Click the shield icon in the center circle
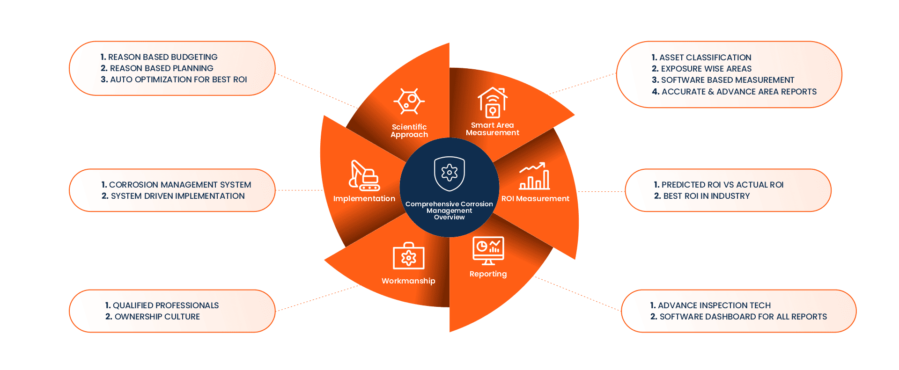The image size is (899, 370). tap(449, 173)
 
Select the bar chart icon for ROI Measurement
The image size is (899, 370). tap(534, 176)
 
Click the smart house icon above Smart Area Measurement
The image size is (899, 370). tap(492, 102)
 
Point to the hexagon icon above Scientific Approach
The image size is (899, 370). tap(409, 101)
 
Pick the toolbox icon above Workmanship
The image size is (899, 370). tap(408, 256)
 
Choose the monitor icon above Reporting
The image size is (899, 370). tap(488, 251)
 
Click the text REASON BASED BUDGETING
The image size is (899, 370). tap(162, 57)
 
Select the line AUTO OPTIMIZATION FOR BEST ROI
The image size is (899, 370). tap(178, 80)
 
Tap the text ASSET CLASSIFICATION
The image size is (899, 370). tap(705, 58)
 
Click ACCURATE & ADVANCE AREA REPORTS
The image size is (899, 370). tap(739, 92)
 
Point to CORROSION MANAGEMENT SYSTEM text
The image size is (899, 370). tap(180, 185)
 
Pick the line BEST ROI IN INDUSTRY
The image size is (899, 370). tap(707, 196)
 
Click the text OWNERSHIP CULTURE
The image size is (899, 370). tap(157, 317)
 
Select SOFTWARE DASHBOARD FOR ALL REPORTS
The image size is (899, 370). tap(743, 317)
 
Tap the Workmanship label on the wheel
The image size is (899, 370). tap(408, 281)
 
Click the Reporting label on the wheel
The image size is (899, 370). tap(488, 274)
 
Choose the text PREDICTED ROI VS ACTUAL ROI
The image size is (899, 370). tap(722, 185)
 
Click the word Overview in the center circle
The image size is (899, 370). tap(449, 217)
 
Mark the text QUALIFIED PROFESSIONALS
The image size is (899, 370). tap(166, 305)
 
